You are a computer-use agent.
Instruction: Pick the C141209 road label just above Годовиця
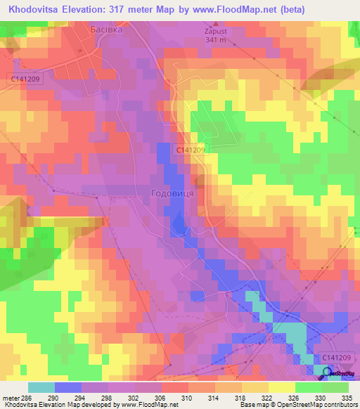coord(191,150)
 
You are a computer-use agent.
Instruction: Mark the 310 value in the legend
coord(188,397)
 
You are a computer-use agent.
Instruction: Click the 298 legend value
coord(108,397)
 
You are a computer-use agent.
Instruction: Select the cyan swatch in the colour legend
coord(41,387)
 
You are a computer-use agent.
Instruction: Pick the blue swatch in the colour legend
coord(68,387)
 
